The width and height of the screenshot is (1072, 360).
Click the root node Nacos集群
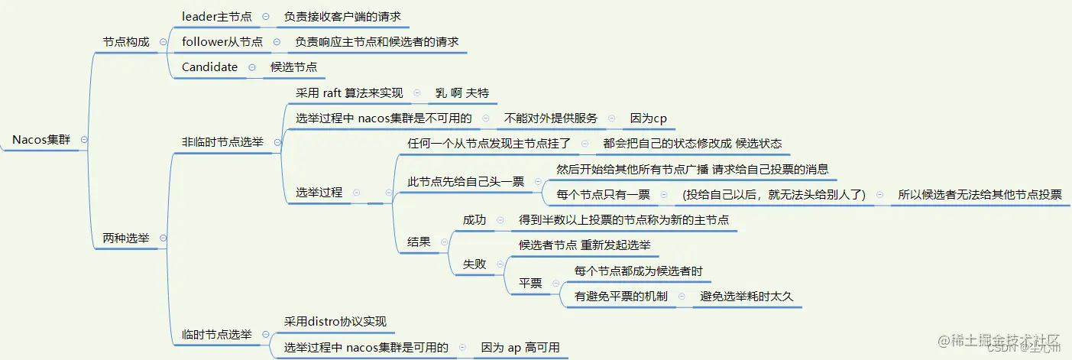tap(40, 140)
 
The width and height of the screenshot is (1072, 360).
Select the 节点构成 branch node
tap(126, 42)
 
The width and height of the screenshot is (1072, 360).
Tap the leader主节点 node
tap(216, 16)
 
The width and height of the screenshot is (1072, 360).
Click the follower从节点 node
tap(222, 42)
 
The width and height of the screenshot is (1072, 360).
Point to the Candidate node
tap(209, 67)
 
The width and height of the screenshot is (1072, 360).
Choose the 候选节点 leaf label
tap(293, 67)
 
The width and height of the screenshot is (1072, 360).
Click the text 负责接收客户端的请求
tap(342, 16)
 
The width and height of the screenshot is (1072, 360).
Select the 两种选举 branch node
tap(126, 238)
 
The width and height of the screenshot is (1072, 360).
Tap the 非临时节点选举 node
tap(222, 141)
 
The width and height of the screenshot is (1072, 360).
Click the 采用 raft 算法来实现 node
tap(349, 93)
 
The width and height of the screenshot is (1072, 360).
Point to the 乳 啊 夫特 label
tap(462, 93)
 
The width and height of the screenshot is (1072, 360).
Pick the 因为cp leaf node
tap(649, 118)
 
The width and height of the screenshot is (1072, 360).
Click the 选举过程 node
tap(319, 193)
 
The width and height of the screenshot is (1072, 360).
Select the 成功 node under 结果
tap(474, 219)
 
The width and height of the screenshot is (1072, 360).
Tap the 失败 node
tap(474, 264)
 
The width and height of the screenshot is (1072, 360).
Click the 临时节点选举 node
tap(216, 334)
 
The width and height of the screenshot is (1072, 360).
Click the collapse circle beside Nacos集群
tap(84, 140)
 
